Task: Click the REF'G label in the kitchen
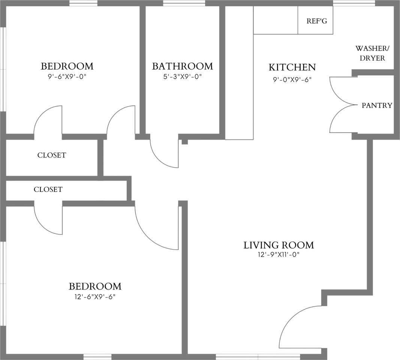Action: pyautogui.click(x=317, y=21)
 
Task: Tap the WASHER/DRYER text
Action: pyautogui.click(x=370, y=53)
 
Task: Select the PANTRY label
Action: pyautogui.click(x=377, y=105)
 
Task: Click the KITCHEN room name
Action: pyautogui.click(x=292, y=67)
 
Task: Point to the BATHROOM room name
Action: pyautogui.click(x=182, y=66)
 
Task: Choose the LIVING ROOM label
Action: pyautogui.click(x=279, y=245)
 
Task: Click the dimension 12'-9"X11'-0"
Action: pyautogui.click(x=279, y=255)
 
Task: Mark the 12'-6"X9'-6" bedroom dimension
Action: pyautogui.click(x=95, y=296)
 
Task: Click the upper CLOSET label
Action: pyautogui.click(x=51, y=155)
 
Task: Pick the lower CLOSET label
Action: pyautogui.click(x=48, y=189)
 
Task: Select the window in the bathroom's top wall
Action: pyautogui.click(x=184, y=3)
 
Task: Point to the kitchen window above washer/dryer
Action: pyautogui.click(x=354, y=3)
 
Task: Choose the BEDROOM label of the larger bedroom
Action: pyautogui.click(x=95, y=286)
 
